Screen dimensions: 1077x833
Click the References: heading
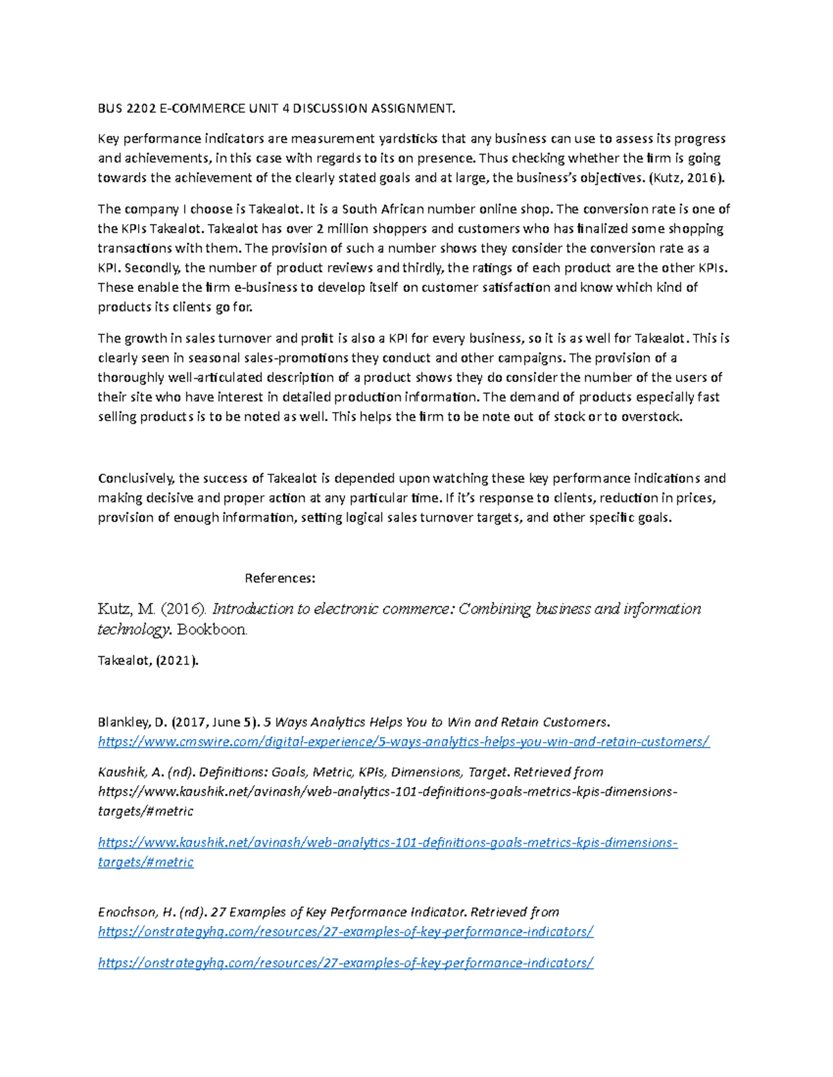tap(280, 578)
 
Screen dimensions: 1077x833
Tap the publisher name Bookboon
tap(212, 630)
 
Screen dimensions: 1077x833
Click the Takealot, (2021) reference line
tap(148, 660)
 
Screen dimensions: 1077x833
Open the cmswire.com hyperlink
tap(403, 741)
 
